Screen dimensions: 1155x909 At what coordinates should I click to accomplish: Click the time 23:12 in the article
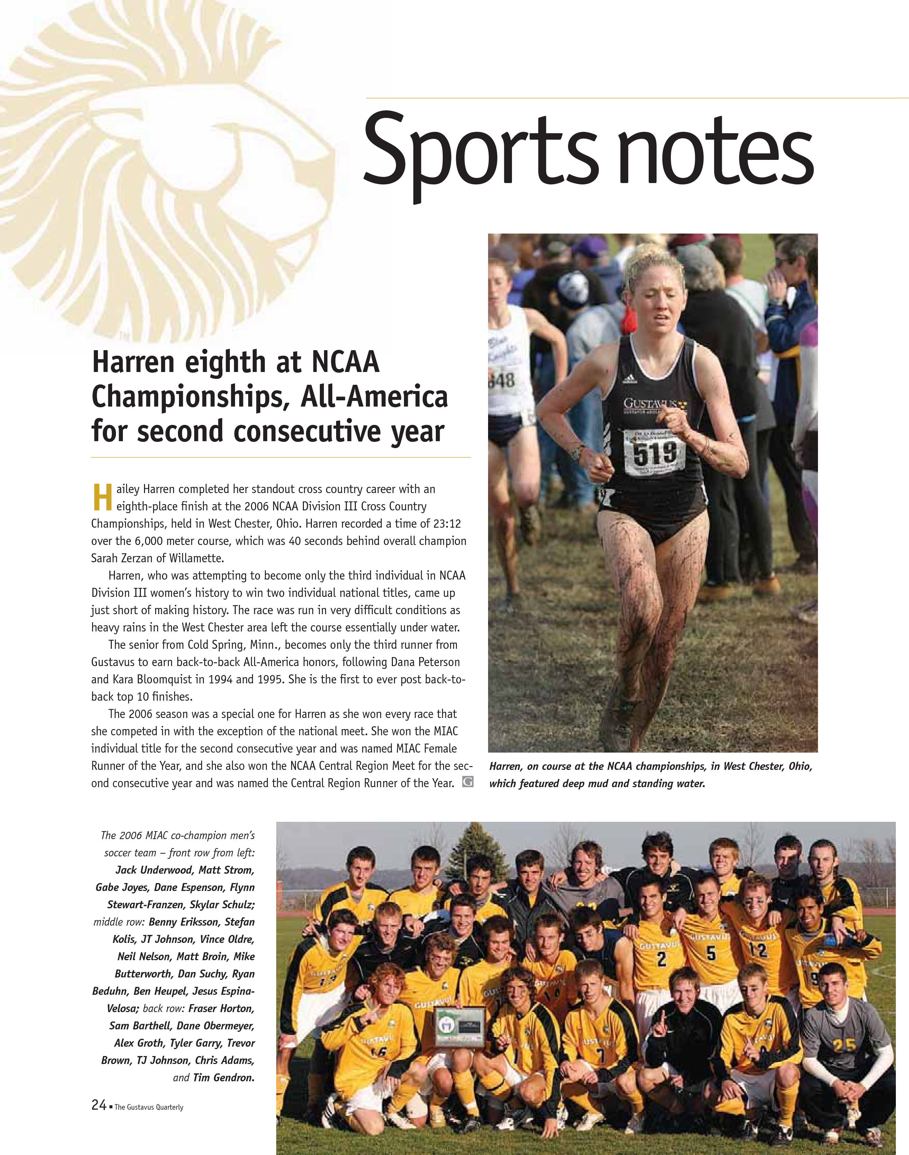[447, 524]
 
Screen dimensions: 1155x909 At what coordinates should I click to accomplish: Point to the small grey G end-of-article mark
[467, 782]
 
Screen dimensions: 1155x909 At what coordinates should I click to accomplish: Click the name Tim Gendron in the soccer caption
[224, 1077]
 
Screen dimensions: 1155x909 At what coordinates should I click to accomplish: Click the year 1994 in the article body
[221, 679]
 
